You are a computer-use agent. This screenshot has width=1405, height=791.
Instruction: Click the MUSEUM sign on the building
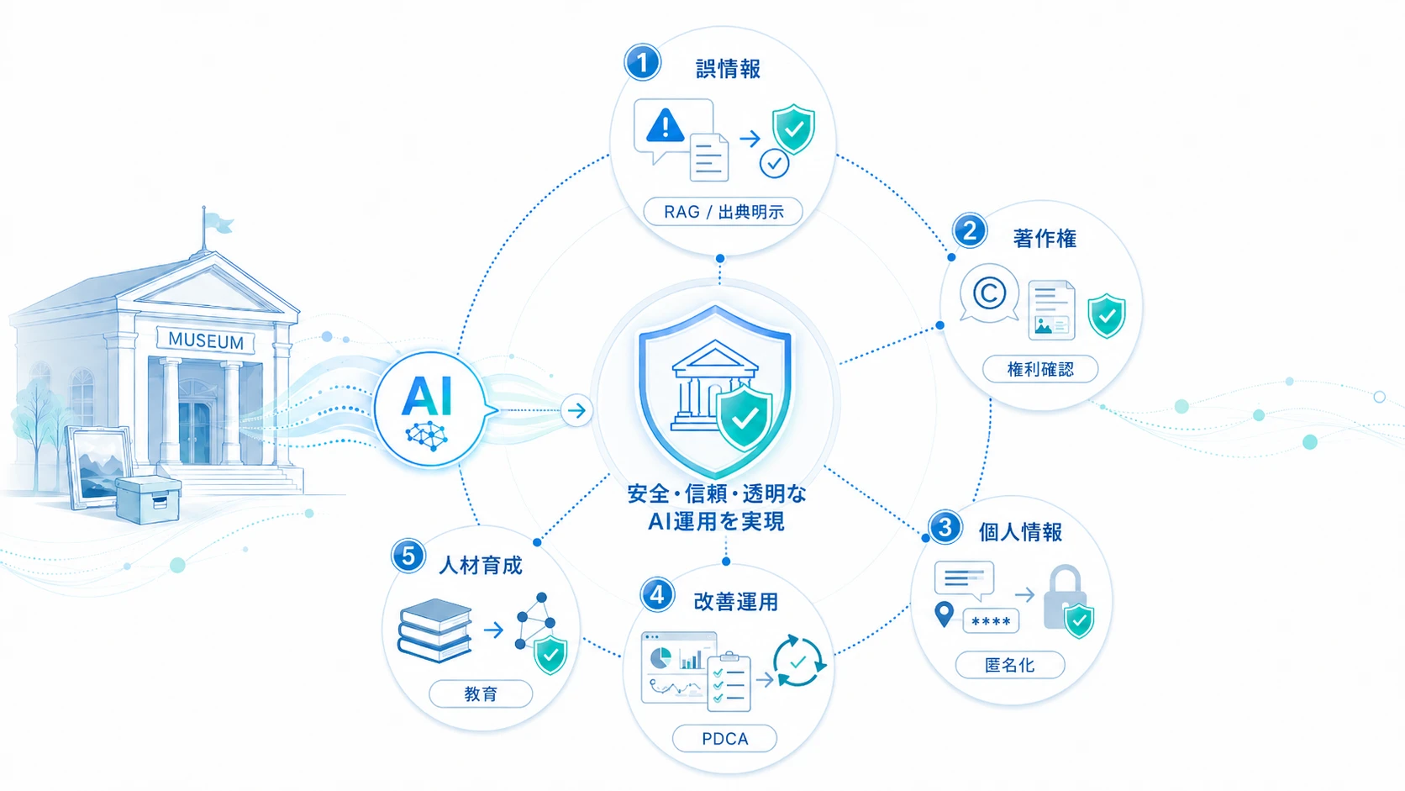click(x=206, y=340)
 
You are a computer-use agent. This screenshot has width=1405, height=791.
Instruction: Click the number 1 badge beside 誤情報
click(x=642, y=63)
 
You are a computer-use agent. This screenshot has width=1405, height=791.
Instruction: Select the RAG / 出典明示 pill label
click(x=724, y=212)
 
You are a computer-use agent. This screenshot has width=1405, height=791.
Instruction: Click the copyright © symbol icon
click(x=989, y=293)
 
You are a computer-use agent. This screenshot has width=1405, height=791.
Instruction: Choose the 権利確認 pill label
click(x=1040, y=369)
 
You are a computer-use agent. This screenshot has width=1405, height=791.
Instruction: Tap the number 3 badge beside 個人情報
click(x=945, y=528)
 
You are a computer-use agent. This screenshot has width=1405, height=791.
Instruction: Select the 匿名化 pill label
click(x=1010, y=665)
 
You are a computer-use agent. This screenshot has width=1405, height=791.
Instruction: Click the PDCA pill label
click(x=724, y=739)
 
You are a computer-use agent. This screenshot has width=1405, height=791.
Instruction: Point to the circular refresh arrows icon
click(x=797, y=662)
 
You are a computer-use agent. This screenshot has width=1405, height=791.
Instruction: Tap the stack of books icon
click(x=434, y=630)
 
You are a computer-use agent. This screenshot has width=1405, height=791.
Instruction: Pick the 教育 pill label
click(x=481, y=693)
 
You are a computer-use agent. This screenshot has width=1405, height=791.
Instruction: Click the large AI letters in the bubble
click(x=427, y=397)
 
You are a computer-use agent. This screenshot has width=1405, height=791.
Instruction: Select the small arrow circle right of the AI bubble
click(x=576, y=411)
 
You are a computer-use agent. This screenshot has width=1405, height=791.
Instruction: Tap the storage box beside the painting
click(x=148, y=500)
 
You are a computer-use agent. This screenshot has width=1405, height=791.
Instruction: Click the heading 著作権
click(x=1045, y=239)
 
